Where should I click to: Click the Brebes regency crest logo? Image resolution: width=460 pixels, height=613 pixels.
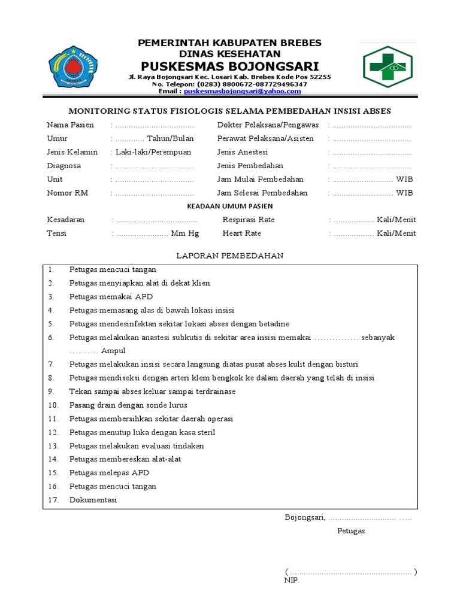point(72,66)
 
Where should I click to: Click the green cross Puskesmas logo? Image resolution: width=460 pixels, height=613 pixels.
point(387,66)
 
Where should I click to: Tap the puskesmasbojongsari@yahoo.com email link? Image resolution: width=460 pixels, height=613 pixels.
point(243,92)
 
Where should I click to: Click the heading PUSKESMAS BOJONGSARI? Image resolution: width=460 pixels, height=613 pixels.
point(230,65)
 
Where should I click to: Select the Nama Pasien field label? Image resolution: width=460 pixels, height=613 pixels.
point(70,125)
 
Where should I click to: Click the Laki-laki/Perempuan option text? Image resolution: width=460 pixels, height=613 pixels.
point(153,152)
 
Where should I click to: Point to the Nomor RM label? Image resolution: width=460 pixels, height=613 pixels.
point(67,193)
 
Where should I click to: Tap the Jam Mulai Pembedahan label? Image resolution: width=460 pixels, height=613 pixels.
point(260,179)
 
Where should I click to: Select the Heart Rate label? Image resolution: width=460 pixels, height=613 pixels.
point(242,233)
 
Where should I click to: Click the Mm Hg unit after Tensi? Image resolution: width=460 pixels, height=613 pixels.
point(185,233)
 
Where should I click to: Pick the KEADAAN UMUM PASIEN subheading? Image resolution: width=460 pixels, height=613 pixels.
point(229,206)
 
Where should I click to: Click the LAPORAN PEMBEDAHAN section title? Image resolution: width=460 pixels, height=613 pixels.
point(229,256)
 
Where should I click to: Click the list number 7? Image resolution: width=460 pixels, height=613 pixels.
point(52,364)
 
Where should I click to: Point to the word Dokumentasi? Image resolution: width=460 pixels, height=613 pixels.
point(93,500)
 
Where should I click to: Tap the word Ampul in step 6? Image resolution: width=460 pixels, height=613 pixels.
point(113,351)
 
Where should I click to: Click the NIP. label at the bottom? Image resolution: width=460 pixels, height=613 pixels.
point(291,581)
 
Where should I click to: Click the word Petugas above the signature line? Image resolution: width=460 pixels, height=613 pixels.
point(351,531)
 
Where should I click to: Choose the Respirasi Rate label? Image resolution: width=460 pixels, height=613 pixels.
point(249,220)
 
